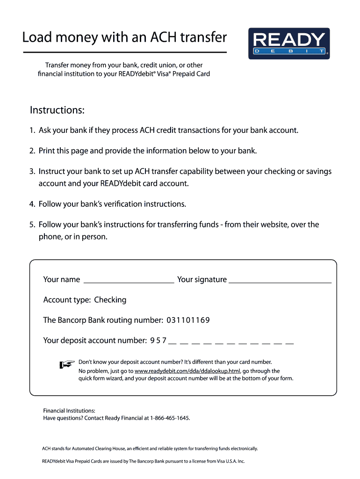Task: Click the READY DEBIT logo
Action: click(288, 44)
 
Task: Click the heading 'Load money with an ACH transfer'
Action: click(124, 37)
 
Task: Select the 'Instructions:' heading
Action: click(57, 110)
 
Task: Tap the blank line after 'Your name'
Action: click(129, 281)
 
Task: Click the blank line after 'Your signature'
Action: click(280, 281)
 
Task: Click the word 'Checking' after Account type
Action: click(110, 300)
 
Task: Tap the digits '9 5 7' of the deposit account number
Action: click(158, 341)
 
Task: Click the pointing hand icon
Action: click(67, 364)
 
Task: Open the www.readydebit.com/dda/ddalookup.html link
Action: click(187, 371)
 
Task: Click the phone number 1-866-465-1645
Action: click(170, 418)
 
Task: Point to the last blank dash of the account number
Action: click(289, 343)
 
